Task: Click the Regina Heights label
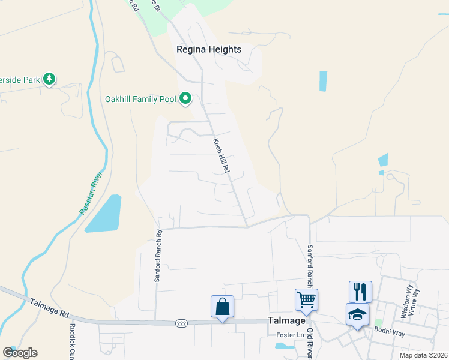coord(209,50)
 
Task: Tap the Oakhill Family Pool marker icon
coord(186,98)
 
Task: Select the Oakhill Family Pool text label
coord(140,99)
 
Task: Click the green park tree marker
coord(50,79)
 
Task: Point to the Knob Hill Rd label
coord(221,156)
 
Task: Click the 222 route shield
coord(181,323)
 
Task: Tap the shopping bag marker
coord(222,306)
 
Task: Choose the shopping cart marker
coord(306,299)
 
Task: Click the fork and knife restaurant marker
coord(360,292)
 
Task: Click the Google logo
coord(20,353)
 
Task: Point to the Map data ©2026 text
coord(423,355)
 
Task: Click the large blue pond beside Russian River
coord(106,214)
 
